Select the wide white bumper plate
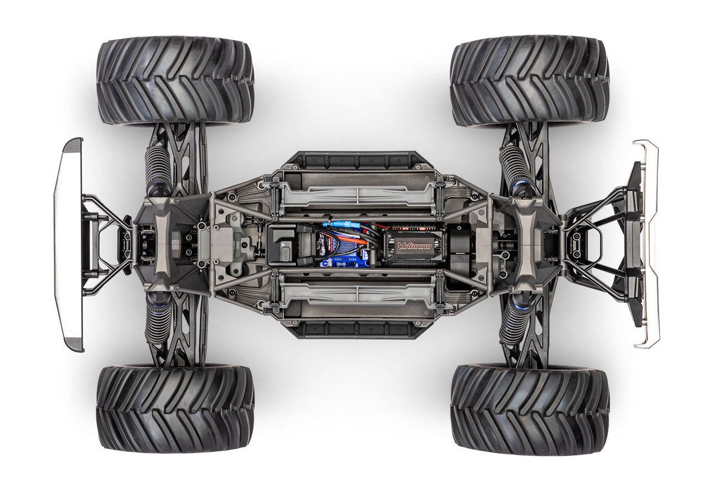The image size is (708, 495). click(x=68, y=245)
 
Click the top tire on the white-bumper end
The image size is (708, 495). click(x=175, y=81)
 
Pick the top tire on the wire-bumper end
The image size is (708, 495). click(x=529, y=81)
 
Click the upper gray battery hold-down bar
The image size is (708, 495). click(x=358, y=194)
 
